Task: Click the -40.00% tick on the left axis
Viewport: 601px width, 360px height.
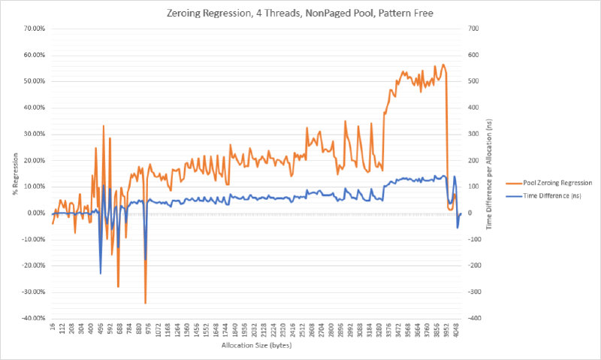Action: pyautogui.click(x=35, y=319)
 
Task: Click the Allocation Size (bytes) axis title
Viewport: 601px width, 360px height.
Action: pyautogui.click(x=256, y=346)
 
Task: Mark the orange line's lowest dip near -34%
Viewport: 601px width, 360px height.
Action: pyautogui.click(x=145, y=302)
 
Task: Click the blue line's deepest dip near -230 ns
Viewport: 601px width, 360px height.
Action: pyautogui.click(x=101, y=273)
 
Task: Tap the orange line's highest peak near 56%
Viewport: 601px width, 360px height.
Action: pyautogui.click(x=442, y=65)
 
